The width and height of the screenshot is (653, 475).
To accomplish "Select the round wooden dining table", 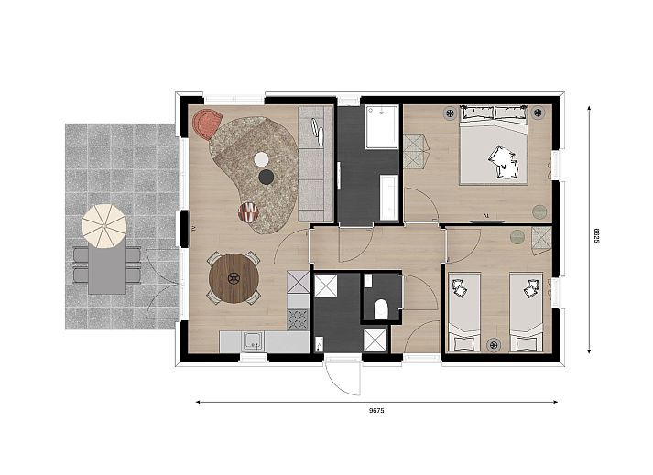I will [234, 277].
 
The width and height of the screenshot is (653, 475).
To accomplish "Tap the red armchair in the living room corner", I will [207, 122].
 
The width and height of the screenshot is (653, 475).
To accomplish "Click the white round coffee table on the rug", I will [262, 158].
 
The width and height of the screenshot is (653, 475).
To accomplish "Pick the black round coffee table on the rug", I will [266, 177].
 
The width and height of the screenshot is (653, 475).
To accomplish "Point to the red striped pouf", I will [248, 212].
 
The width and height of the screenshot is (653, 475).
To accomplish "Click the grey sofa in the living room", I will [316, 156].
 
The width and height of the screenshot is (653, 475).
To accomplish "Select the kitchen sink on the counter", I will [252, 342].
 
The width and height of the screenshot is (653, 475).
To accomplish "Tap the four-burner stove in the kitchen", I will [299, 318].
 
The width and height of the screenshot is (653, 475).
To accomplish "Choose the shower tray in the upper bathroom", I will [382, 127].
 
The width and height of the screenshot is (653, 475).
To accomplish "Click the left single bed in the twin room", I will [463, 311].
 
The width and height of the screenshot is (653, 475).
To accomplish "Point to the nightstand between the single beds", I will [495, 345].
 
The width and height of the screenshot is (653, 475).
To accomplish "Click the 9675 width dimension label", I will [375, 410].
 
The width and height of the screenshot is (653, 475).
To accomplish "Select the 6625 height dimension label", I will [595, 235].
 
